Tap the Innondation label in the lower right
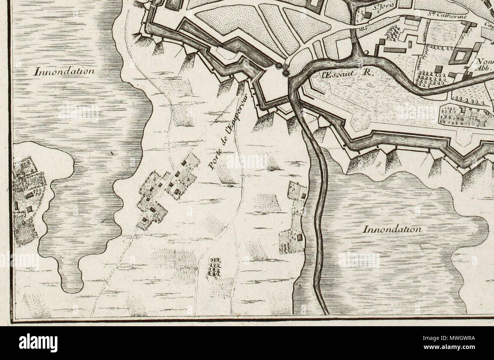393,229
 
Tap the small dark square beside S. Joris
368,15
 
